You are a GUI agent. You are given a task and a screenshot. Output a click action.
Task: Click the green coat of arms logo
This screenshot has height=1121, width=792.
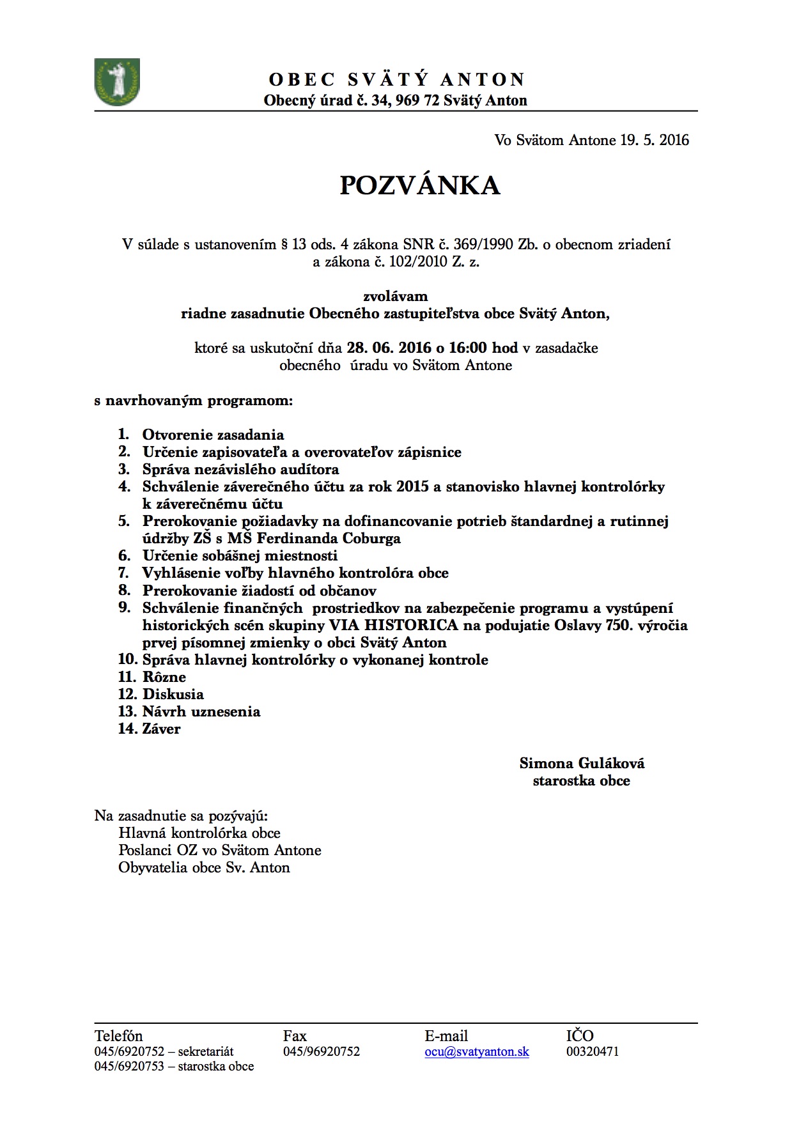click(117, 82)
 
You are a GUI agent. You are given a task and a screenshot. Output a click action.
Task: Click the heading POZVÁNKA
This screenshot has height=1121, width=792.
click(419, 185)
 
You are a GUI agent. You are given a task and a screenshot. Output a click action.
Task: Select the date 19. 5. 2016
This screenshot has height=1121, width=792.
click(654, 140)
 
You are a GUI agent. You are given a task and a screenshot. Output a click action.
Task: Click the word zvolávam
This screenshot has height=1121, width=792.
click(396, 296)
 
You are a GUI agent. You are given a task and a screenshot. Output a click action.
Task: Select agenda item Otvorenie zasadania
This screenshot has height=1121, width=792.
click(213, 435)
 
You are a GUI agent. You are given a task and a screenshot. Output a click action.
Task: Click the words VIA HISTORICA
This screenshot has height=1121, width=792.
click(394, 625)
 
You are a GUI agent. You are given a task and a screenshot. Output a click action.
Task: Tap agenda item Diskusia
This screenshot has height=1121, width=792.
click(173, 694)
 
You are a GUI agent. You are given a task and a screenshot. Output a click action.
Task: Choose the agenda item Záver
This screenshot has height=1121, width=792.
click(161, 729)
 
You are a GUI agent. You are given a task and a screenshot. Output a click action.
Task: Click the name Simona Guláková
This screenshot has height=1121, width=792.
click(582, 763)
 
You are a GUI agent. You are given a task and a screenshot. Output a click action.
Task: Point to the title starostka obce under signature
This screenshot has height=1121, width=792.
click(581, 780)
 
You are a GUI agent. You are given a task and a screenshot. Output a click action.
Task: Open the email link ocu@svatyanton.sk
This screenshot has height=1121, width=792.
click(477, 1051)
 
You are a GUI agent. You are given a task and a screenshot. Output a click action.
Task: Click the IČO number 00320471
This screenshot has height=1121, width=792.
click(593, 1051)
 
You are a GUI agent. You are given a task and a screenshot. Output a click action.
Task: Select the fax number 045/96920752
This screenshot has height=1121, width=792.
click(322, 1051)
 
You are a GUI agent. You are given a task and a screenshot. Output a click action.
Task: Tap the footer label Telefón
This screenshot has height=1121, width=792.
click(118, 1036)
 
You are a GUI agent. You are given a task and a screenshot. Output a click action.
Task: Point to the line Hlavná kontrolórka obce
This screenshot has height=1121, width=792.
click(199, 833)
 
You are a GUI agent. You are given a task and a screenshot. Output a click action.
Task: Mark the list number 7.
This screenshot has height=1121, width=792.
click(123, 573)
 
